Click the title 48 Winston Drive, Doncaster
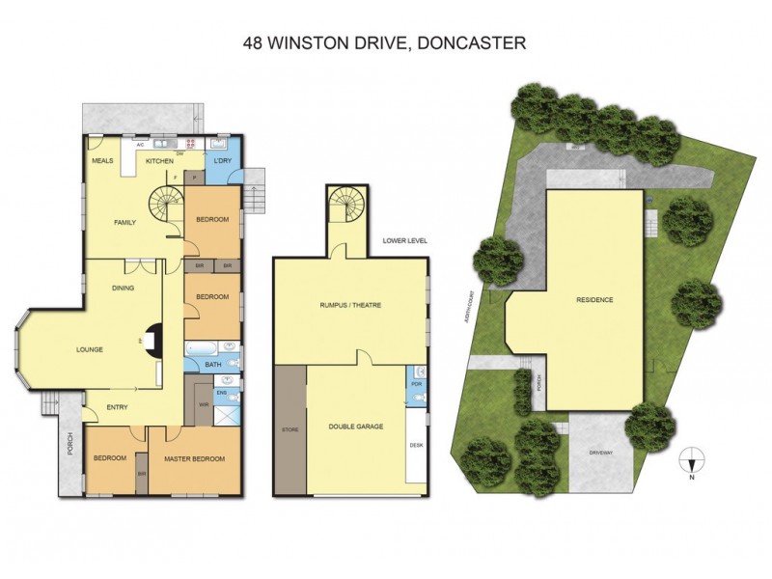coord(384,43)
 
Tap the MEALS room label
coord(103,160)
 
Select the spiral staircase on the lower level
coord(345,204)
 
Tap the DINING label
coord(123,287)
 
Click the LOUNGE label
coord(90,349)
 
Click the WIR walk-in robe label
coord(203,403)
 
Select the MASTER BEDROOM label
coord(194,458)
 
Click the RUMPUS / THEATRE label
coord(350,305)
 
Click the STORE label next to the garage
coord(289,428)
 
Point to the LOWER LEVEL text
coord(403,240)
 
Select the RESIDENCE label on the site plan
coord(594,299)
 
